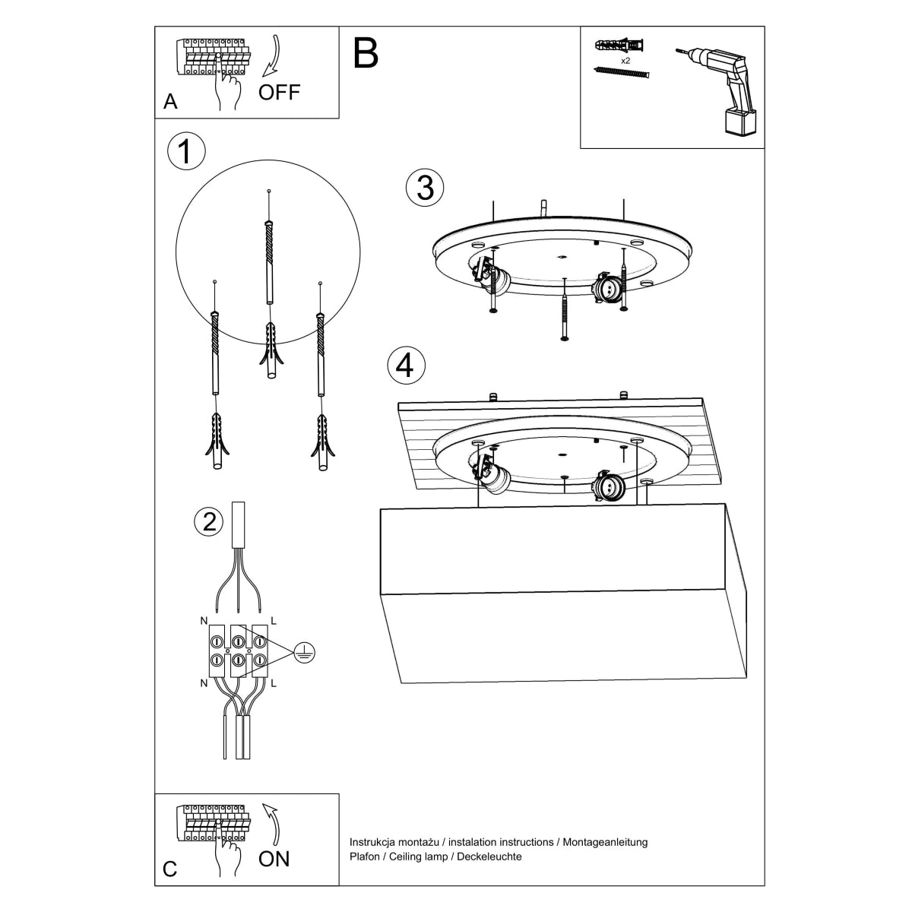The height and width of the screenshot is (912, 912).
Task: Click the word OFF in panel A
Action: (279, 93)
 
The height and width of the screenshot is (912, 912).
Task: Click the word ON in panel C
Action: (274, 859)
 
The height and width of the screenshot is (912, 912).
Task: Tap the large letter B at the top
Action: (366, 53)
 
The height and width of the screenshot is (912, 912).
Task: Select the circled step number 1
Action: (185, 151)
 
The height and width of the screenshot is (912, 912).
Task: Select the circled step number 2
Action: (209, 521)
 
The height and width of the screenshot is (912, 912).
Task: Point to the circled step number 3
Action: (425, 188)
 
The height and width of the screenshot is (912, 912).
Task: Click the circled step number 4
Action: (406, 366)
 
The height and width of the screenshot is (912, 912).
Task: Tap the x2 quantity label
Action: (625, 59)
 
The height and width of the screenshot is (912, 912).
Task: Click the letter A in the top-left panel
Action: (170, 102)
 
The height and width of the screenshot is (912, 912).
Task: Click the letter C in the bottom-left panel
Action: (170, 869)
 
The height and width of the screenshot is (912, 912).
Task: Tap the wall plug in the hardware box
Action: (620, 44)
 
